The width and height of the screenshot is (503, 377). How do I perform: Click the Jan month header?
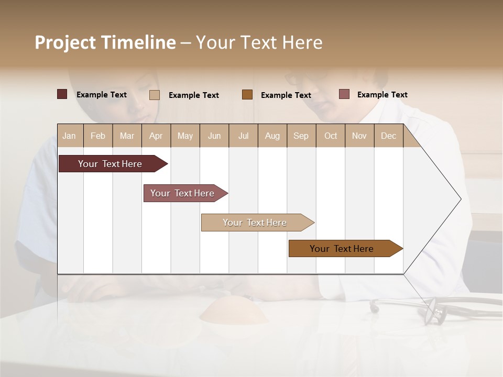[x=69, y=136]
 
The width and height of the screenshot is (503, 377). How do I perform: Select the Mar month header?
[x=127, y=136]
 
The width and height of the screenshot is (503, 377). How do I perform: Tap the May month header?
[x=185, y=136]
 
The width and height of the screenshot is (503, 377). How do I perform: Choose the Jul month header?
[x=243, y=136]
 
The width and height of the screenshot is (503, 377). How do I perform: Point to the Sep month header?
[x=301, y=136]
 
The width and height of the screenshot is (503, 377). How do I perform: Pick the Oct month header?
[x=331, y=136]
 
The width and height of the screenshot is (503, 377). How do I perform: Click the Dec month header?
[x=388, y=136]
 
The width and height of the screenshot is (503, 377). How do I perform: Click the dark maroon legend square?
[x=62, y=94]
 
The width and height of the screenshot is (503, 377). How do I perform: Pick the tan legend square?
[x=154, y=95]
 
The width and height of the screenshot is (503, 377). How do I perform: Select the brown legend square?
[x=247, y=95]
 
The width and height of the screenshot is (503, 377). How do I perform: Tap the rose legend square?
[x=344, y=94]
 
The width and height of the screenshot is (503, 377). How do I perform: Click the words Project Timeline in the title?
[x=105, y=42]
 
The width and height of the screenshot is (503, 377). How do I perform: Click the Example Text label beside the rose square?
[x=382, y=95]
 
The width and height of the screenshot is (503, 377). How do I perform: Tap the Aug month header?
[x=272, y=136]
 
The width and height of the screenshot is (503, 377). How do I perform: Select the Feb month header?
[x=98, y=136]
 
